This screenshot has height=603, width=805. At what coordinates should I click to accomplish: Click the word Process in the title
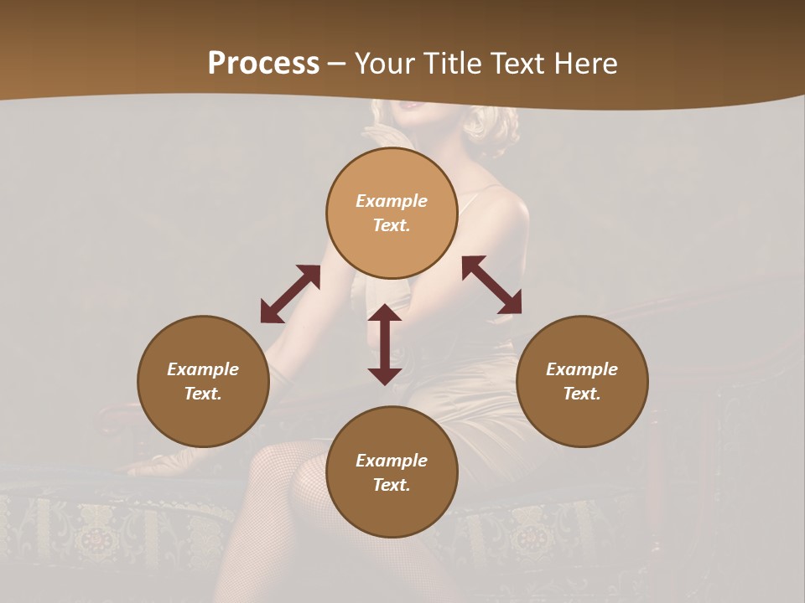263,64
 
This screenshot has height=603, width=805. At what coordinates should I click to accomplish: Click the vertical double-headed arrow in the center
385,344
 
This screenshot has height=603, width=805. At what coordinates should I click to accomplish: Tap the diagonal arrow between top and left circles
290,294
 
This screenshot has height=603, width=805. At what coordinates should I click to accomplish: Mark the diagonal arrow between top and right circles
491,285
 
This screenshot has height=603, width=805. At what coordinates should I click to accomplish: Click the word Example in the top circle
392,201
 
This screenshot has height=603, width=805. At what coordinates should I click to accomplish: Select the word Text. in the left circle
203,394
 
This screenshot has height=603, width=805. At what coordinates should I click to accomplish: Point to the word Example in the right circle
582,369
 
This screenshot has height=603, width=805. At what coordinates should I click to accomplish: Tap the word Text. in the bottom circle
392,485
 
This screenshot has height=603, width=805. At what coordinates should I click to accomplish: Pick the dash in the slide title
336,64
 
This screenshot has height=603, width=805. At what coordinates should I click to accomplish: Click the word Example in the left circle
203,369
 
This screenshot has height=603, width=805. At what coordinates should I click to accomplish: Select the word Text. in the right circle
582,394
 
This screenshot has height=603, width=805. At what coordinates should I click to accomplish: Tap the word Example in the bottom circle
392,461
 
